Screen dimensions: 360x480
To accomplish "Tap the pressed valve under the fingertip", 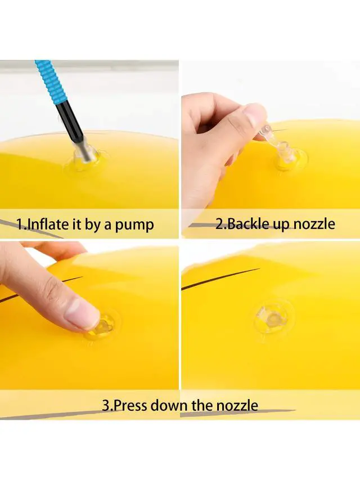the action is point(103,326).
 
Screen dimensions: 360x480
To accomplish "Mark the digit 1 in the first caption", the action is point(20,224).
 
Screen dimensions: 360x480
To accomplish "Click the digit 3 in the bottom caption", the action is point(106,406).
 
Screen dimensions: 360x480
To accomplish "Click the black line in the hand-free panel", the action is point(220,279).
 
